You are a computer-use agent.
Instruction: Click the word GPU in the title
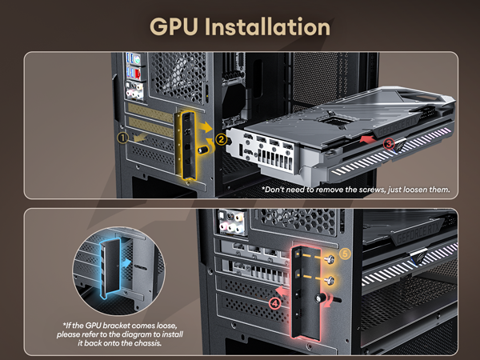[174, 26]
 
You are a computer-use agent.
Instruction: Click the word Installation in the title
[267, 26]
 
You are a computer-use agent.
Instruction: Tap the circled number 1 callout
[122, 138]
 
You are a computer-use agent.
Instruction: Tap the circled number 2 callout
[221, 140]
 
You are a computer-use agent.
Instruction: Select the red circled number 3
[389, 143]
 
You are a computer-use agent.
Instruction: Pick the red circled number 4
[275, 303]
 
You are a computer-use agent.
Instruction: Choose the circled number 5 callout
[345, 254]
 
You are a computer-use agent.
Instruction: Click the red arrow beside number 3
[367, 139]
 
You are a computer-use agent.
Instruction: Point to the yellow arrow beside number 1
[140, 138]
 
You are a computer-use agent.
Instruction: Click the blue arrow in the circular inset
[126, 262]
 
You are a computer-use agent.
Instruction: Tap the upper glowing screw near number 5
[330, 259]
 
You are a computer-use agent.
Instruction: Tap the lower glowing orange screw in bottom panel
[330, 280]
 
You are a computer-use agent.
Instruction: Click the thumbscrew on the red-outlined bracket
[320, 298]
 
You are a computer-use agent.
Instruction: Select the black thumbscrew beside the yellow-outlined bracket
[203, 150]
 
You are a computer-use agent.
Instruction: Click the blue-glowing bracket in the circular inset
[110, 268]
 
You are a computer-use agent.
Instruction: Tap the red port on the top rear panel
[138, 74]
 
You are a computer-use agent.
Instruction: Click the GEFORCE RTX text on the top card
[397, 126]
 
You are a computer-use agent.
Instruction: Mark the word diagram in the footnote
[139, 334]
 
